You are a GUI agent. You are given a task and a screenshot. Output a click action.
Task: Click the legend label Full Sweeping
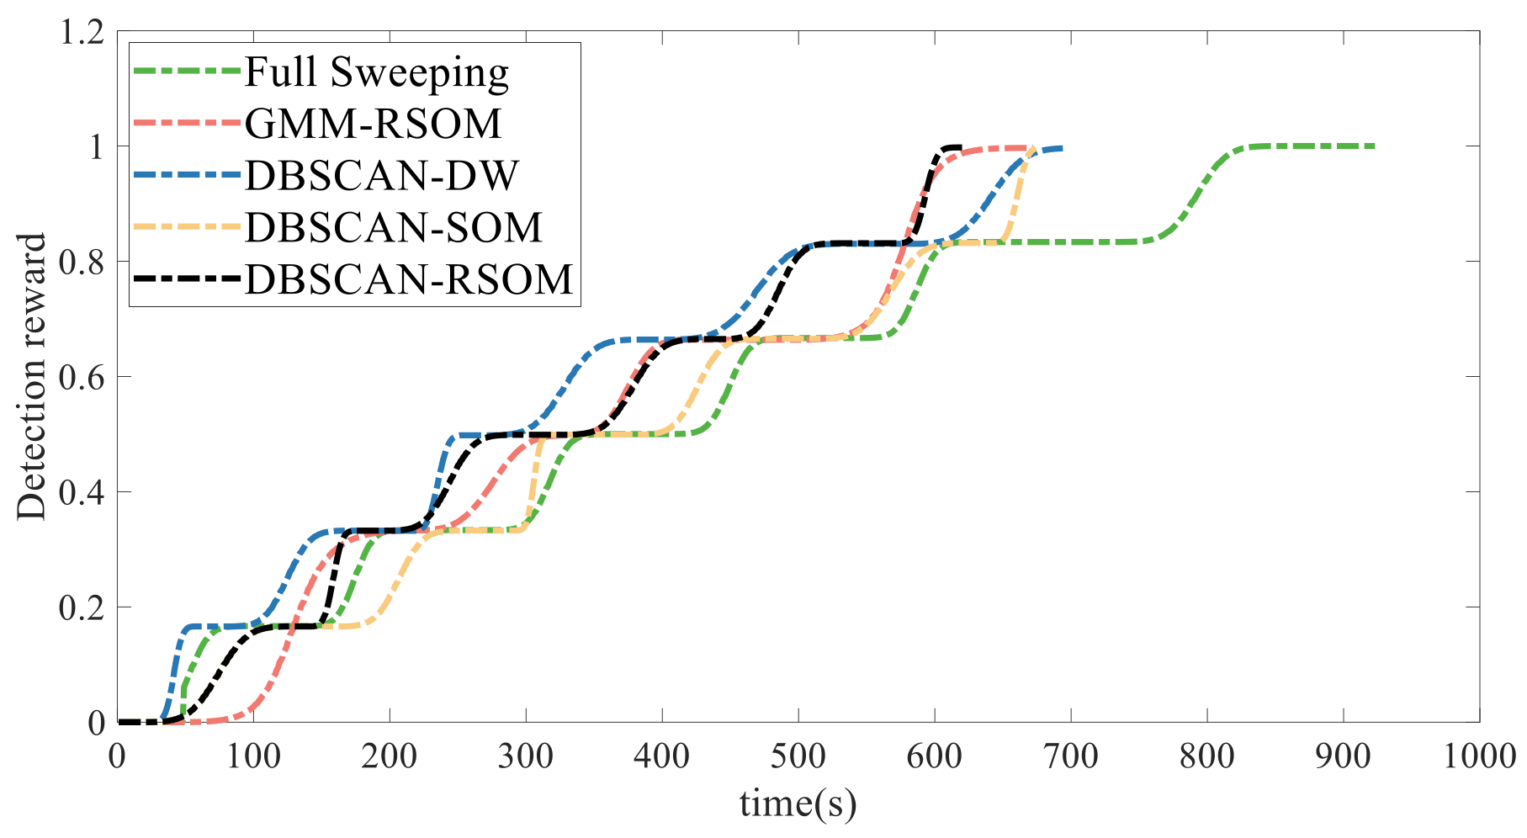pyautogui.click(x=376, y=73)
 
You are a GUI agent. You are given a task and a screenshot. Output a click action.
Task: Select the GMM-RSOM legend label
pyautogui.click(x=373, y=125)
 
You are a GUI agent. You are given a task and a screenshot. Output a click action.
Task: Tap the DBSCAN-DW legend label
pyautogui.click(x=381, y=176)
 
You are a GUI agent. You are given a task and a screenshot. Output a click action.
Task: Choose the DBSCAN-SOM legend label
pyautogui.click(x=393, y=227)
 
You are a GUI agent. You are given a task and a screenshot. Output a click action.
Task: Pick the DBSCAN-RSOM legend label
pyautogui.click(x=408, y=279)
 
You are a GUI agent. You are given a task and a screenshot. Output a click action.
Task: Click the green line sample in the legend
pyautogui.click(x=187, y=73)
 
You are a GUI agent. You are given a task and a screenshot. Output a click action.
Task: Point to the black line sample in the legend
pyautogui.click(x=187, y=279)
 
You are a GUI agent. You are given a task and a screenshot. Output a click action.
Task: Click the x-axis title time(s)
pyautogui.click(x=798, y=804)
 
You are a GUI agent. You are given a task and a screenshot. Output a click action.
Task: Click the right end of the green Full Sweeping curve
pyautogui.click(x=1373, y=146)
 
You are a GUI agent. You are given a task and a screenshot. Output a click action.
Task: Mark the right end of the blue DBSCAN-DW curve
pyautogui.click(x=1062, y=148)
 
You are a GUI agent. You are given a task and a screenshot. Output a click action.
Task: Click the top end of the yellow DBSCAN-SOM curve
pyautogui.click(x=1031, y=150)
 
